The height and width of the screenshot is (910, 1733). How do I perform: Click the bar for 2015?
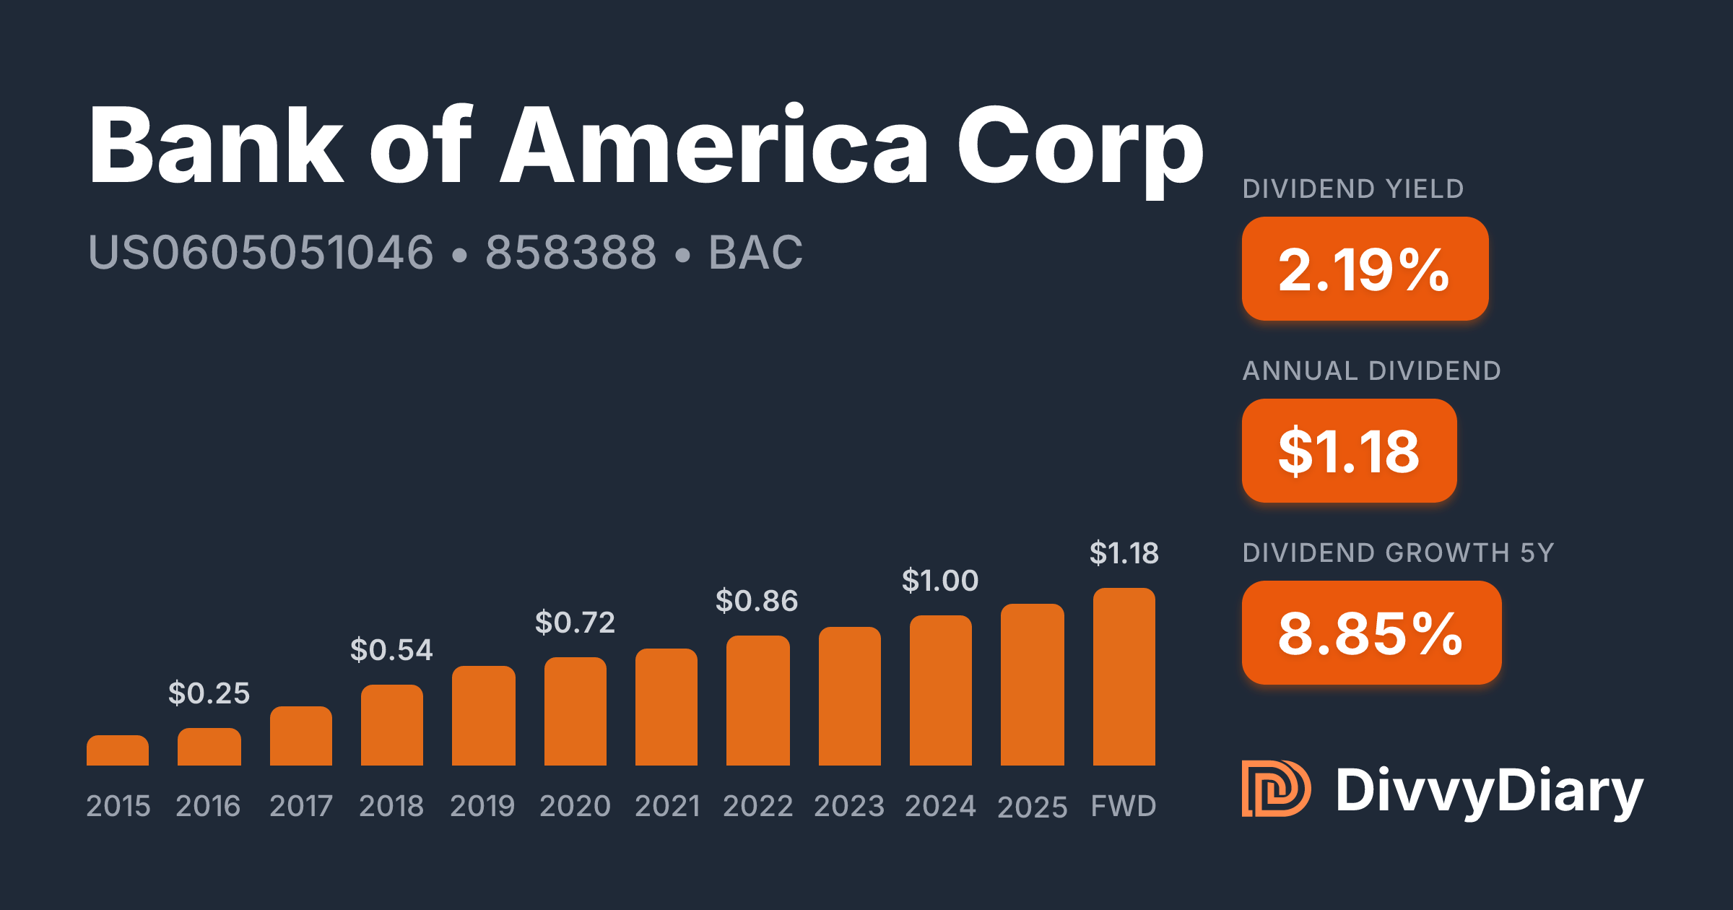click(x=118, y=750)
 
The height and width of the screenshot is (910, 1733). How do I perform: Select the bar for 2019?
click(x=484, y=716)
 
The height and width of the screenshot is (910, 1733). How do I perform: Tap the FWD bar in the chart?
click(x=1124, y=677)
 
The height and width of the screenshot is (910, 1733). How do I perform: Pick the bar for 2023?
click(x=850, y=696)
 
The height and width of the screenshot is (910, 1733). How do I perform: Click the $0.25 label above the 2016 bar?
click(x=209, y=693)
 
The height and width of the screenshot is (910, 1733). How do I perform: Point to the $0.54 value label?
click(x=391, y=650)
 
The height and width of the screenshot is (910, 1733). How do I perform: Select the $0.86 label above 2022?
click(x=757, y=601)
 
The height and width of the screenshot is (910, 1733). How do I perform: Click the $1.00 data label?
click(x=940, y=581)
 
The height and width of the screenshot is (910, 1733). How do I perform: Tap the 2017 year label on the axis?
click(x=301, y=806)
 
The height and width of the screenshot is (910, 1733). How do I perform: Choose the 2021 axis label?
click(x=667, y=806)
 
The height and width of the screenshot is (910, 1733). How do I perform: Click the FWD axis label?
click(x=1124, y=806)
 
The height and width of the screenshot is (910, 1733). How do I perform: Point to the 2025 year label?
click(x=1033, y=807)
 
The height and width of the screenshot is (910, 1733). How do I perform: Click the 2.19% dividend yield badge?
click(x=1365, y=269)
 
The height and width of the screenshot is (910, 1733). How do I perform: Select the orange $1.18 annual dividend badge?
click(x=1350, y=451)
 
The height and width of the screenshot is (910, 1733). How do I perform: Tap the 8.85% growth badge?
click(x=1372, y=633)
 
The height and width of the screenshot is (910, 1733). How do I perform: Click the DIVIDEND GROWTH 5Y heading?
click(x=1398, y=552)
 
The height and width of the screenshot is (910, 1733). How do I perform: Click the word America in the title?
click(x=714, y=144)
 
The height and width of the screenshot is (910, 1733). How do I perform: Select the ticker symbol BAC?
click(x=755, y=252)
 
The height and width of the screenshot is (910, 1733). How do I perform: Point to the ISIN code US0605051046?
click(x=261, y=252)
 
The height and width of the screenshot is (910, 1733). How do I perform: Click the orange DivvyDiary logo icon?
click(x=1276, y=789)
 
